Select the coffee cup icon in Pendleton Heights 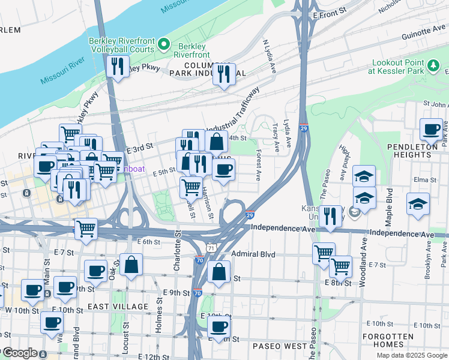[x=430, y=129]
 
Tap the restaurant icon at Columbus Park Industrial [x=224, y=74]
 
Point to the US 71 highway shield [x=209, y=247]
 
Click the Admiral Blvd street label [x=253, y=254]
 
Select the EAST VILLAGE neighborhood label [x=117, y=307]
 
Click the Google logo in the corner [x=19, y=353]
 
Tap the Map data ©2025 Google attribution [x=412, y=355]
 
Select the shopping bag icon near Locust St [x=131, y=265]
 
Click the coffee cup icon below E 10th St [x=219, y=327]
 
